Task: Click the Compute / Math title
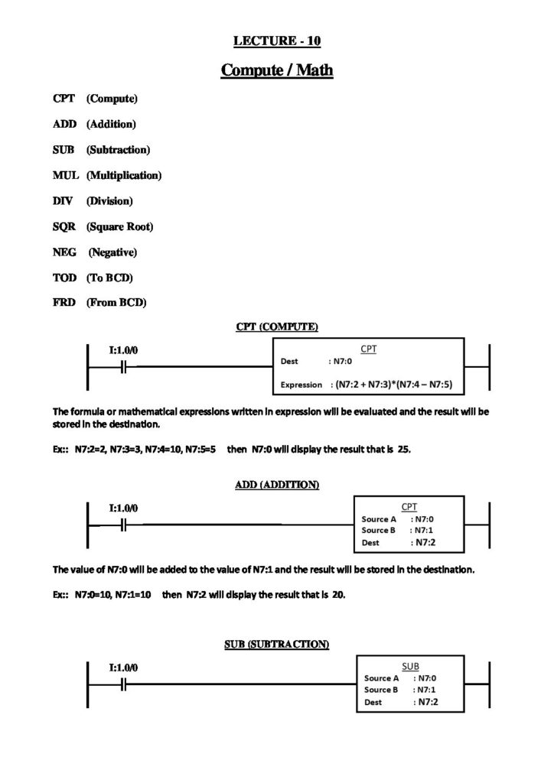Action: [x=276, y=70]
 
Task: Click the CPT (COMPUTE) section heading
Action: [x=276, y=327]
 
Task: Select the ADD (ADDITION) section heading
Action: [x=276, y=485]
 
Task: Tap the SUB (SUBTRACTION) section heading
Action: [x=276, y=644]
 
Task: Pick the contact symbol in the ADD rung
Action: [x=124, y=525]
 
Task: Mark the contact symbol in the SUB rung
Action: [x=124, y=684]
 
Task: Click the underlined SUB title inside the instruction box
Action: [x=410, y=666]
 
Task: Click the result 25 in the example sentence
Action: [x=404, y=450]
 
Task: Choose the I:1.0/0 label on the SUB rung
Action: [x=124, y=667]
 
